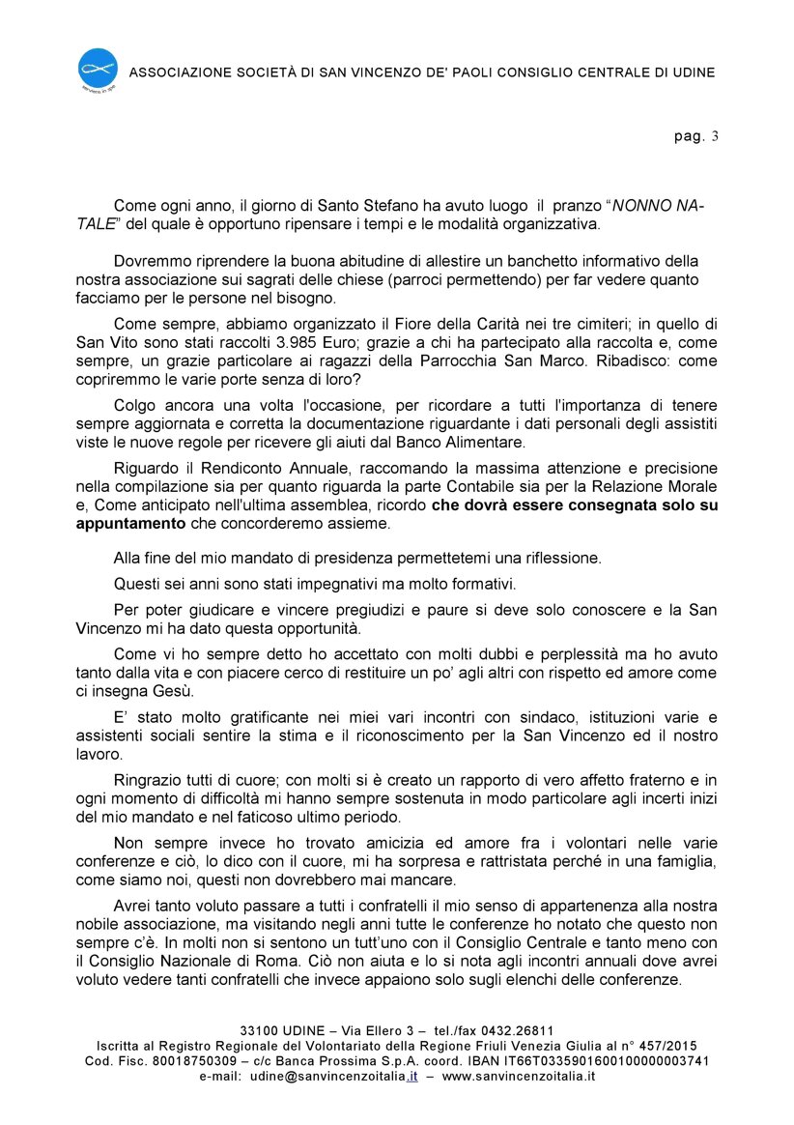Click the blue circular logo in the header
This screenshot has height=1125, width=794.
pos(98,69)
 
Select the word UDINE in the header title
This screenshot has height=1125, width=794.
pos(692,72)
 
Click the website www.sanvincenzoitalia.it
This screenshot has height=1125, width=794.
pos(519,1075)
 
